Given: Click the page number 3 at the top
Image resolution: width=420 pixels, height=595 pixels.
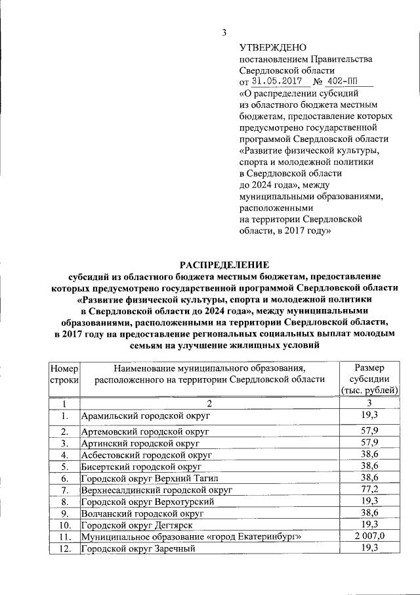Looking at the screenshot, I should (224, 33).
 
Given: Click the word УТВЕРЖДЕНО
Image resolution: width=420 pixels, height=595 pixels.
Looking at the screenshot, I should (272, 47).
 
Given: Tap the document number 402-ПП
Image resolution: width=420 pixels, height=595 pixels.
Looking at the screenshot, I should (348, 82).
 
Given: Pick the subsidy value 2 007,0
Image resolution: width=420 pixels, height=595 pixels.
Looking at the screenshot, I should (369, 537).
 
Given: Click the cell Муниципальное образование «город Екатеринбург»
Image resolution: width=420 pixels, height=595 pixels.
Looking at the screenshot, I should (190, 537).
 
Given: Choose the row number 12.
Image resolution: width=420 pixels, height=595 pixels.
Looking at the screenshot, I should (64, 549).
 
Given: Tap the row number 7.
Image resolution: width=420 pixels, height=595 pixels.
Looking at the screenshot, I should (64, 490).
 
